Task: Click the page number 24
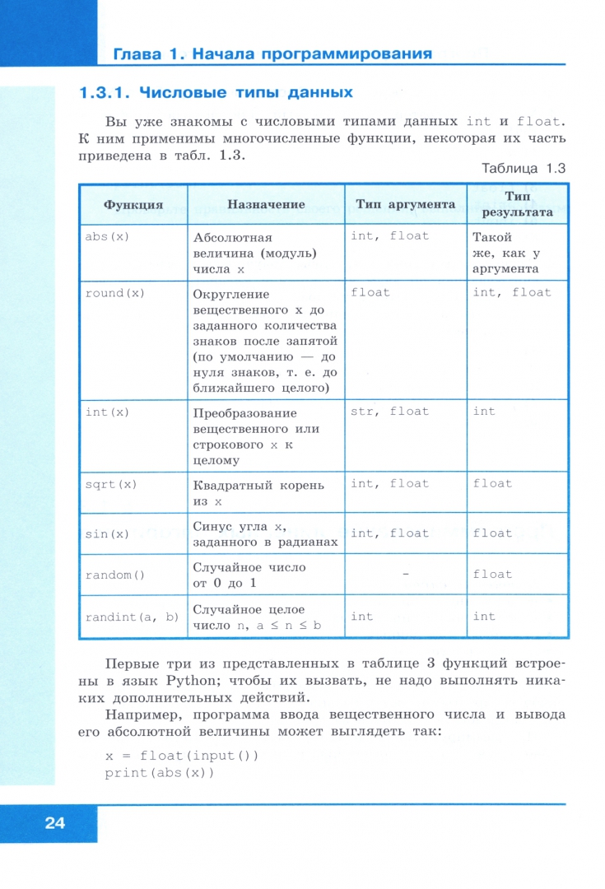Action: click(x=54, y=822)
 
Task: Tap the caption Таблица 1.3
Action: click(x=524, y=168)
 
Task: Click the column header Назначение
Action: click(x=266, y=204)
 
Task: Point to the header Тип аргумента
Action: click(x=405, y=204)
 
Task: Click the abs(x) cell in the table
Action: click(x=108, y=236)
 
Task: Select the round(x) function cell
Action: click(x=116, y=292)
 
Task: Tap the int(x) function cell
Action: click(x=108, y=412)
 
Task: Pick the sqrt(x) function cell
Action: click(x=111, y=484)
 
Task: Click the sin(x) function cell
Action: click(x=108, y=533)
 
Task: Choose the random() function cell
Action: click(x=115, y=575)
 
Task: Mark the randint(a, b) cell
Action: click(x=132, y=617)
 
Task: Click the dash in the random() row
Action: click(x=404, y=575)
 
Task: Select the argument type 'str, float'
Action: click(x=389, y=412)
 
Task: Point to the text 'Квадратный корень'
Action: click(x=258, y=484)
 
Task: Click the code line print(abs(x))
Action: click(x=159, y=774)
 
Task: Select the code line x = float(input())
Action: click(x=181, y=756)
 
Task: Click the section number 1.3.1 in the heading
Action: click(x=105, y=92)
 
